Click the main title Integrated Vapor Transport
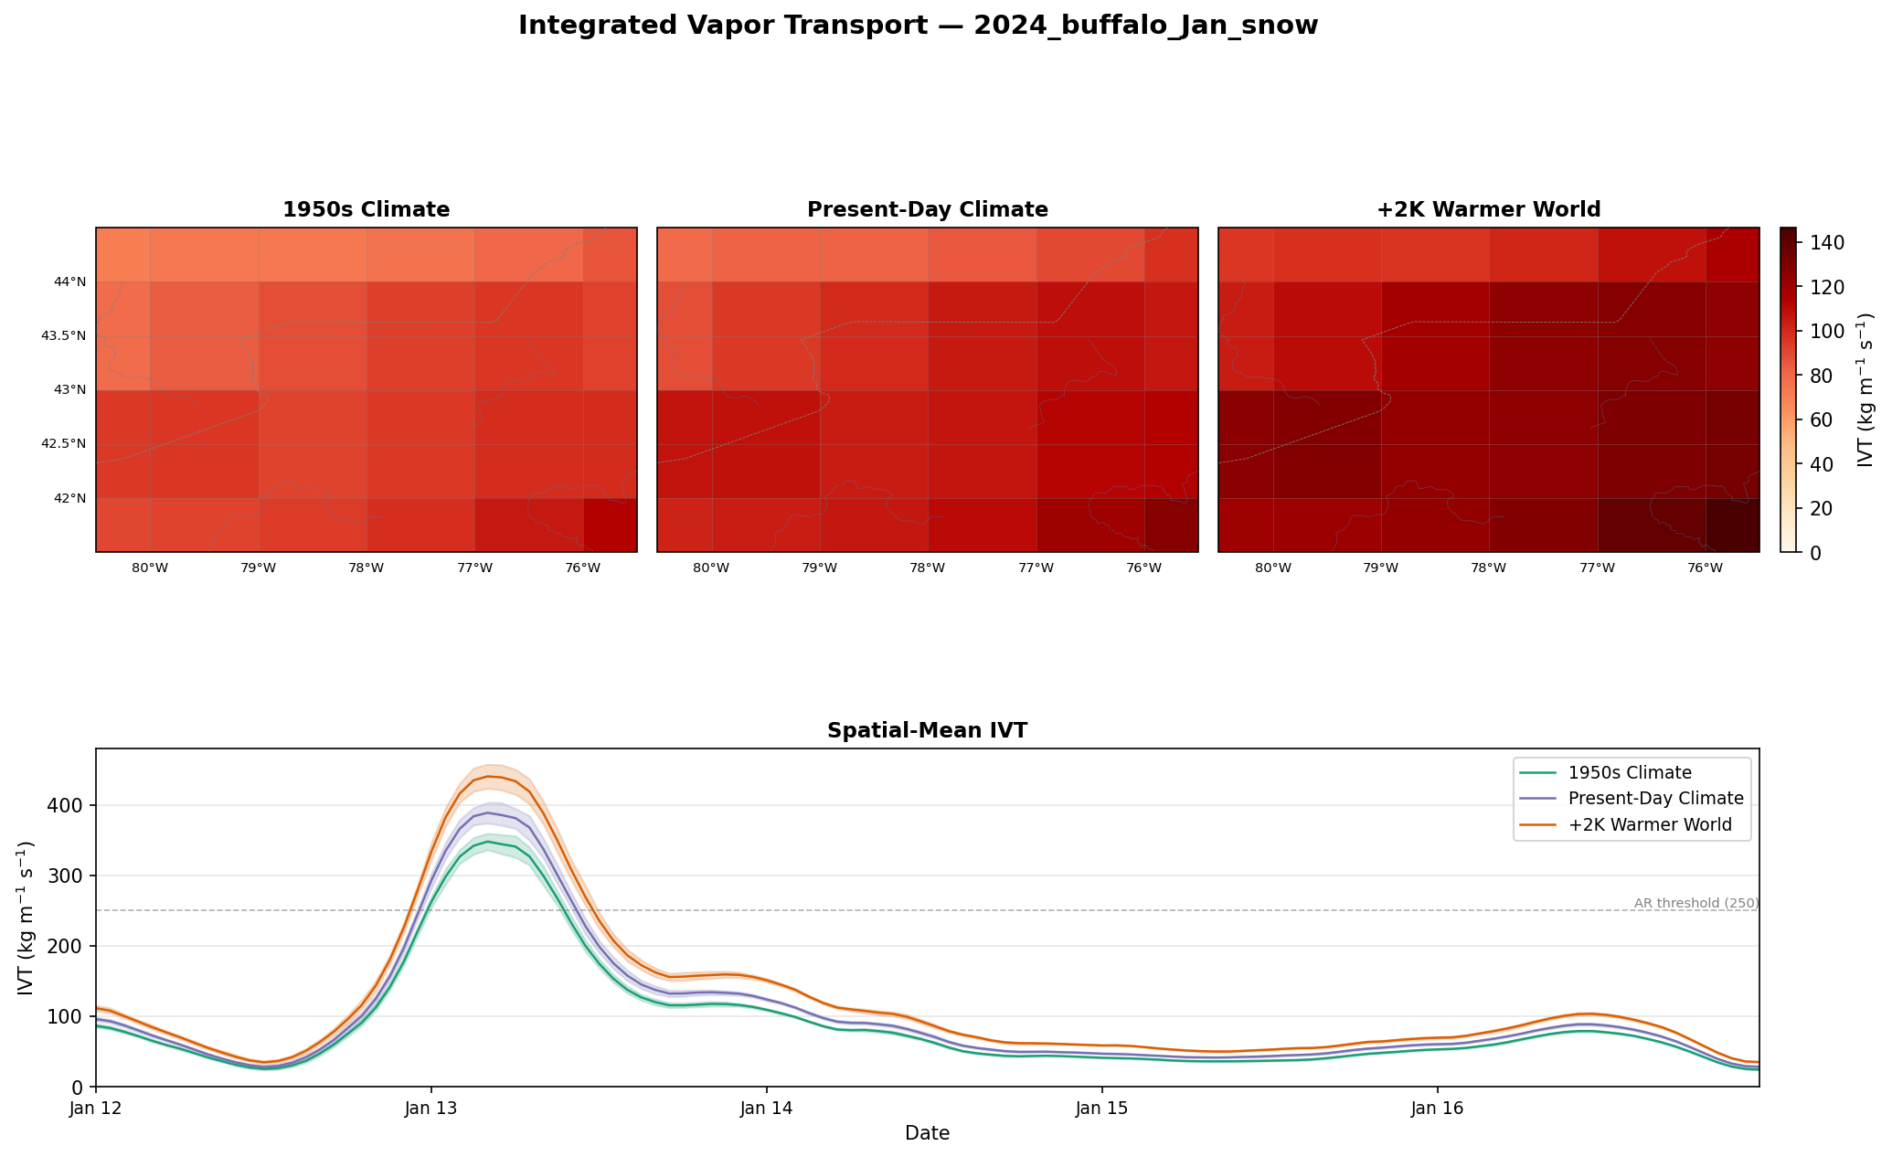coord(918,26)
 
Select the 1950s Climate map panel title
coord(366,210)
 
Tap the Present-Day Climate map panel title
coord(928,210)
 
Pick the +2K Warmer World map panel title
coord(1489,210)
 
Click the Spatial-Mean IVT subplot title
coord(927,731)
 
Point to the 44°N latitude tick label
coord(70,281)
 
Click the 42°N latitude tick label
coord(70,498)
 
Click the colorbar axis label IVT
coord(1865,390)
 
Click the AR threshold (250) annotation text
coord(1696,904)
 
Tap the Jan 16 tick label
coord(1438,1109)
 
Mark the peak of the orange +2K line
coord(489,776)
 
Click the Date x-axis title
coord(927,1134)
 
